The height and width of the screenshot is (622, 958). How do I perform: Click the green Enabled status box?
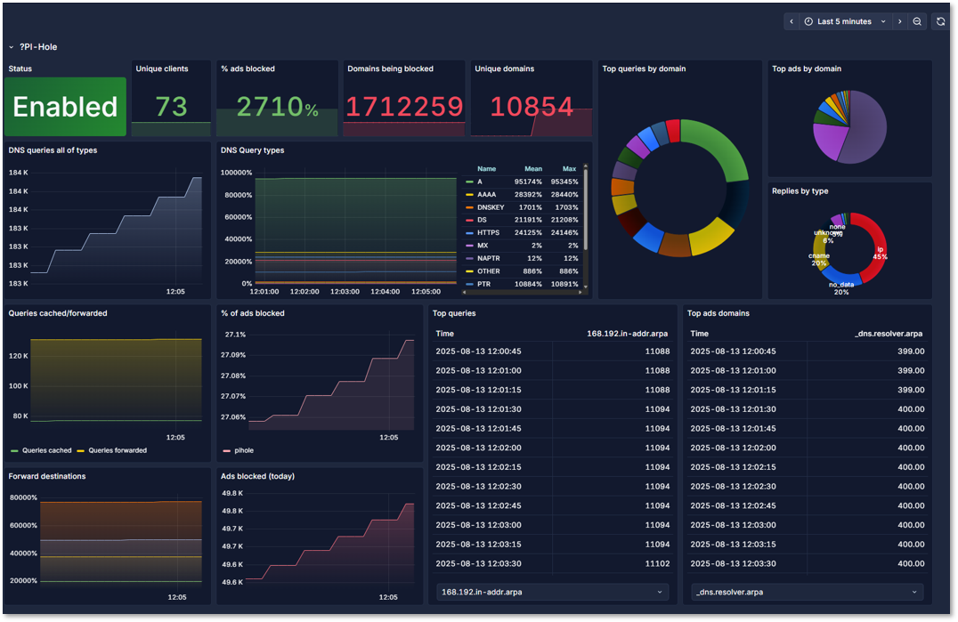tap(65, 107)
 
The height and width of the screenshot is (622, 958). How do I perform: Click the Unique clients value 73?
tap(171, 107)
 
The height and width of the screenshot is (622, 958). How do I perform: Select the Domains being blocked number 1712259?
tap(404, 107)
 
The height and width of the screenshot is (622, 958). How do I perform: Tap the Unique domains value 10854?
tap(532, 107)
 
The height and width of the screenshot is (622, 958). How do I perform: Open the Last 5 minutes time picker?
tap(845, 21)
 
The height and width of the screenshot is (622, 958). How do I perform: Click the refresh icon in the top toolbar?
tap(940, 21)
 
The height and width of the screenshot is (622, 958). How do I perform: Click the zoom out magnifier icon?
tap(917, 21)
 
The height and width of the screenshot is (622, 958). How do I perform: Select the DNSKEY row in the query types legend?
tap(491, 207)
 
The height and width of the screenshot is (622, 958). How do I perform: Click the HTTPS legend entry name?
tap(488, 233)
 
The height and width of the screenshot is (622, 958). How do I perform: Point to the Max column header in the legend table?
tap(569, 168)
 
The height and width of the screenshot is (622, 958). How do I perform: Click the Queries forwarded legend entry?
tap(118, 450)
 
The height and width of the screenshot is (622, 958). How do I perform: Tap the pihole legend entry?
tap(243, 450)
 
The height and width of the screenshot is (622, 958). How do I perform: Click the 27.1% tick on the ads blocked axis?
tap(235, 335)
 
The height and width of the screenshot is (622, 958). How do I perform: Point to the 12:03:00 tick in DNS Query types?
tap(345, 292)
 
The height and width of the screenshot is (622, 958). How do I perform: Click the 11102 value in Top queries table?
tap(657, 563)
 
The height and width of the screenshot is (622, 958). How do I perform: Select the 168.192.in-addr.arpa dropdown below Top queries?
tap(552, 592)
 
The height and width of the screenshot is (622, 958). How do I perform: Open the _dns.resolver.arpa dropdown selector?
tap(806, 592)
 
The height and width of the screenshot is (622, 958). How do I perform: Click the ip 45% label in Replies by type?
tap(880, 254)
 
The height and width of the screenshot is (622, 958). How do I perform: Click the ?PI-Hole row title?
tap(38, 47)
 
